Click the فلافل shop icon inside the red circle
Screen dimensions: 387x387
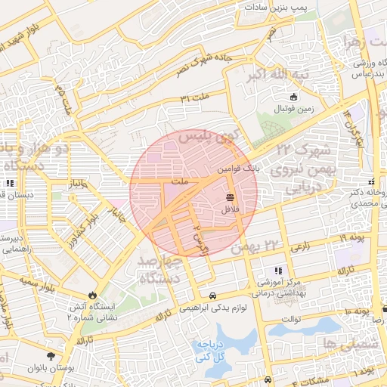point(228,197)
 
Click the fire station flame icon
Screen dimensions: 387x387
point(92,295)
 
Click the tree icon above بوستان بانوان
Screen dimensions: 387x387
point(51,356)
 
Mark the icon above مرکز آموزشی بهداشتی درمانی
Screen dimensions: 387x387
point(278,271)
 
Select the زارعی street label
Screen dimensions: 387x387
point(300,246)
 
